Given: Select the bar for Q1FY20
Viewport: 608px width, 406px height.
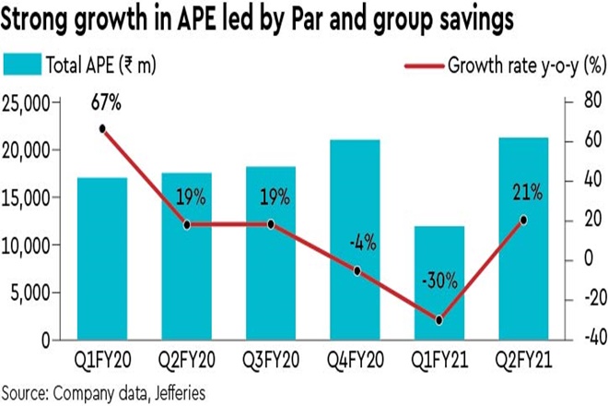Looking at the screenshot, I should pyautogui.click(x=102, y=259).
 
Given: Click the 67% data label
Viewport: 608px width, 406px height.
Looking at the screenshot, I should pyautogui.click(x=102, y=104).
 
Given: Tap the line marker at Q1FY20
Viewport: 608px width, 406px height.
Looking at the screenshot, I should pyautogui.click(x=102, y=129).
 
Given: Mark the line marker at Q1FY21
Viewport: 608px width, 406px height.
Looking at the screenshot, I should pyautogui.click(x=438, y=320).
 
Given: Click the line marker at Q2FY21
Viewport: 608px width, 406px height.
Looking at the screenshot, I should pyautogui.click(x=523, y=220).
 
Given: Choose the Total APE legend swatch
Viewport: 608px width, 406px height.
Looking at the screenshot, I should pyautogui.click(x=30, y=65).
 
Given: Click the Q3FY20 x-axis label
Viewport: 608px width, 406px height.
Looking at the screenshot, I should pyautogui.click(x=271, y=357).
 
